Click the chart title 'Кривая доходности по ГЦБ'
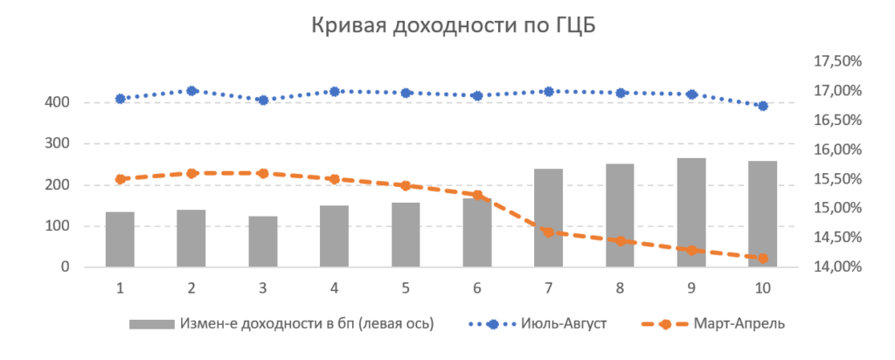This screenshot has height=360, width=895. [447, 25]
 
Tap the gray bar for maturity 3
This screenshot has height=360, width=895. [263, 241]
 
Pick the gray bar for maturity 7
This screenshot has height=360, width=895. [548, 218]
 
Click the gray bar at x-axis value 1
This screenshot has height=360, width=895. [120, 239]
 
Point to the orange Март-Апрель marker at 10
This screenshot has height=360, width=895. [762, 258]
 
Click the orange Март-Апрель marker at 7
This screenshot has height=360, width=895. [548, 232]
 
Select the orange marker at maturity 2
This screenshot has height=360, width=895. [191, 173]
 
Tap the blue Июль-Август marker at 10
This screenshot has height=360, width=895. [762, 106]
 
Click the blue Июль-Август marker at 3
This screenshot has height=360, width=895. [263, 100]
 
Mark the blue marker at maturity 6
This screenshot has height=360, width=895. [477, 95]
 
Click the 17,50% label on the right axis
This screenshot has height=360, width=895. [837, 61]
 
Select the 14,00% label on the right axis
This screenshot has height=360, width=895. [837, 267]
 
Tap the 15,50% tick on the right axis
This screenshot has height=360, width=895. [837, 179]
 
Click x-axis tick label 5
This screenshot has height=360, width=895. [406, 287]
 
